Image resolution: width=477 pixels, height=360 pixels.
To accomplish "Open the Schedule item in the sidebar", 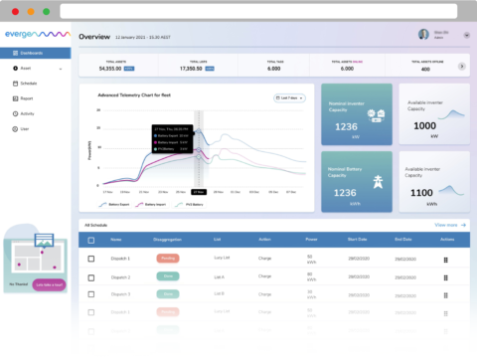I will coord(30,83).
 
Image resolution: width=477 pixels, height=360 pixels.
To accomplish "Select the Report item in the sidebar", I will coord(28,98).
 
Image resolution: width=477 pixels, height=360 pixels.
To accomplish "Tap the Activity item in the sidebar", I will coord(29,113).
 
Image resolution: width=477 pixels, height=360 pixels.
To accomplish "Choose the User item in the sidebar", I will coord(26,128).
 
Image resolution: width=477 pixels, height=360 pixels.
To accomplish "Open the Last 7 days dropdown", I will coord(289,97).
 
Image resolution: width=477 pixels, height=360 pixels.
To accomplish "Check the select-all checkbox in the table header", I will coord(90,240).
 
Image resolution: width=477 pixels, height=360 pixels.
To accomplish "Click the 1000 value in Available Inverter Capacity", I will coord(425,126).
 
